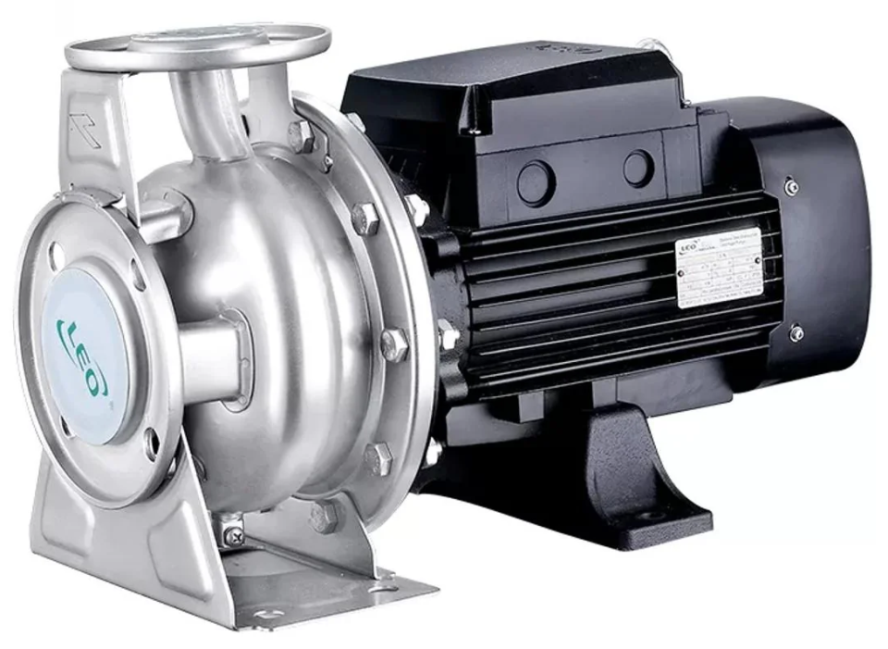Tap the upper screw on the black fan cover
tap(793, 186)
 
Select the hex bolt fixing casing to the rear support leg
tap(325, 516)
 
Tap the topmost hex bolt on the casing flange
tap(301, 136)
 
